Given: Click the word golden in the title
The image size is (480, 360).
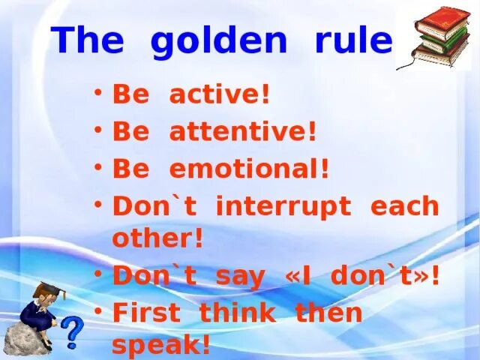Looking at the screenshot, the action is pyautogui.click(x=219, y=42).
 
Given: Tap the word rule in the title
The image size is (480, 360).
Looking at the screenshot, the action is pyautogui.click(x=354, y=39).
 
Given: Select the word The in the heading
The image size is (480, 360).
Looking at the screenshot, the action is pyautogui.click(x=88, y=40).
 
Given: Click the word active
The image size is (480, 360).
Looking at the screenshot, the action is pyautogui.click(x=219, y=94).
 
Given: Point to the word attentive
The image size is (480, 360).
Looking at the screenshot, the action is pyautogui.click(x=242, y=131).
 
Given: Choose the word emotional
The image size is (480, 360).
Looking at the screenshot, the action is pyautogui.click(x=249, y=168).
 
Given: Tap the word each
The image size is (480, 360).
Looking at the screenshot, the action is pyautogui.click(x=405, y=205).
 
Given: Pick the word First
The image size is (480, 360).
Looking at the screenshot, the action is pyautogui.click(x=147, y=311).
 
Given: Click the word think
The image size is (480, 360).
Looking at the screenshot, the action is pyautogui.click(x=238, y=311).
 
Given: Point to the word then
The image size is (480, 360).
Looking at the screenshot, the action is pyautogui.click(x=328, y=311).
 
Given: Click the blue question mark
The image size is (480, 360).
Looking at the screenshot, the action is pyautogui.click(x=72, y=332).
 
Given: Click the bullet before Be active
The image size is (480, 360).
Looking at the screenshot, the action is pyautogui.click(x=98, y=91).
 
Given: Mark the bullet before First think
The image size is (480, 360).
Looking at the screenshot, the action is pyautogui.click(x=98, y=311).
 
